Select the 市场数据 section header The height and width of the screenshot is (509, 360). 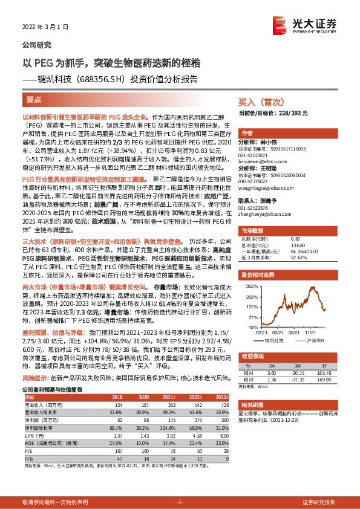click(254, 231)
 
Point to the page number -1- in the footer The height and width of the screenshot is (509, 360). click(179, 502)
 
